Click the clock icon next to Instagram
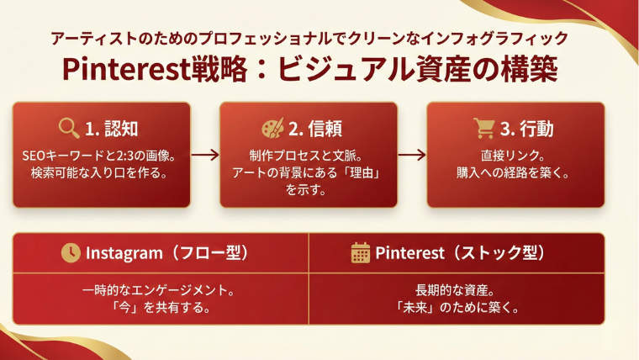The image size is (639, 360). coord(71,253)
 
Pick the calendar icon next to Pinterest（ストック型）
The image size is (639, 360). coord(361,253)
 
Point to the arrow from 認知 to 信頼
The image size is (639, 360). coord(205,155)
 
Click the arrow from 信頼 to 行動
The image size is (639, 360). coord(412,155)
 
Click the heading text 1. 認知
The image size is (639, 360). coord(111,129)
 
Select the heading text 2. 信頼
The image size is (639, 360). coord(317,129)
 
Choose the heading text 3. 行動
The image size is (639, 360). coord(525,129)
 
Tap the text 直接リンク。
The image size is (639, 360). coord(515,156)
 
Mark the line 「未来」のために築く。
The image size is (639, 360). coord(457,307)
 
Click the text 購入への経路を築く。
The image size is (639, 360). coord(515,174)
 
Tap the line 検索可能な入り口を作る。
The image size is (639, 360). coord(102,174)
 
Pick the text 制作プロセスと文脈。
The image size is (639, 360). coord(309,156)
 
